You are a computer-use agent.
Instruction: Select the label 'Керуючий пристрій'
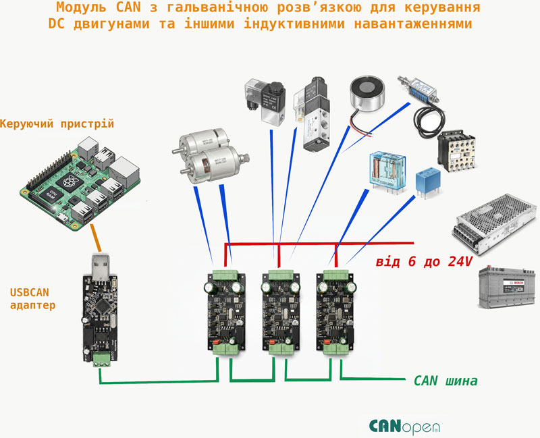coord(57,124)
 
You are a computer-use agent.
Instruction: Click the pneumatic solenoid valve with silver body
coord(313,115)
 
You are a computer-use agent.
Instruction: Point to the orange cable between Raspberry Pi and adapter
coord(96,238)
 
